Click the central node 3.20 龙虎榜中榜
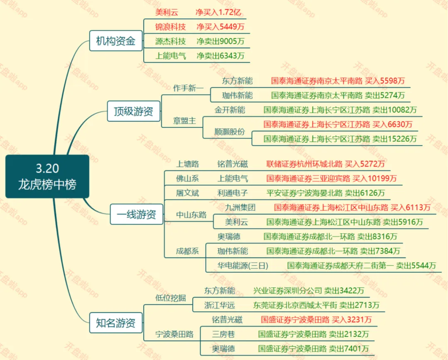click(47, 176)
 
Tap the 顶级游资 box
click(133, 111)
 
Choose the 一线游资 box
click(136, 215)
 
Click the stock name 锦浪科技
click(170, 27)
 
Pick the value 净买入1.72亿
click(218, 12)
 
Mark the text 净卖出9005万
click(220, 41)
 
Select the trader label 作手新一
click(189, 88)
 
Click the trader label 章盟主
click(184, 121)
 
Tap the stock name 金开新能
click(230, 110)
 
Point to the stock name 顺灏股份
click(230, 132)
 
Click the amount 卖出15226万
click(394, 139)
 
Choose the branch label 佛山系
click(187, 179)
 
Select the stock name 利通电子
click(233, 193)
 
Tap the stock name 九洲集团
click(240, 207)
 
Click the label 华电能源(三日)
click(243, 265)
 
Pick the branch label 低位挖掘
click(171, 298)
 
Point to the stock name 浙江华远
click(219, 305)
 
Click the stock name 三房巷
click(224, 334)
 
